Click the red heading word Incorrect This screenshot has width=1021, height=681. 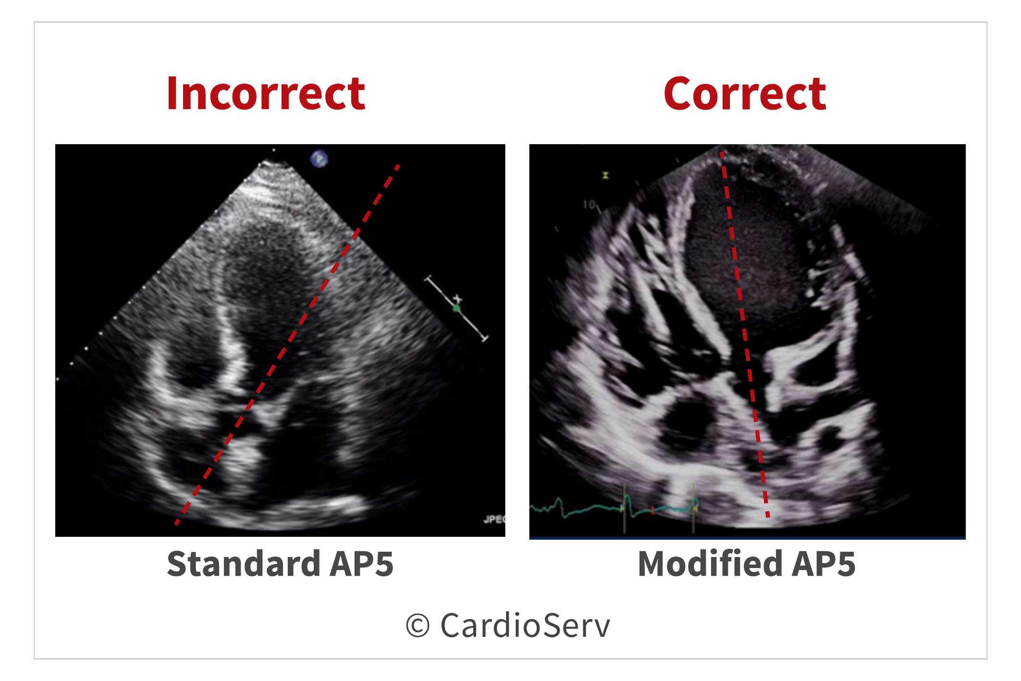pyautogui.click(x=266, y=93)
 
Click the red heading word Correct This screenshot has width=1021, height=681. pyautogui.click(x=745, y=93)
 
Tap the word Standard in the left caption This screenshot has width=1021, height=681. pyautogui.click(x=244, y=563)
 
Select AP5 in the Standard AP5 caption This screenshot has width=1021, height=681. pyautogui.click(x=361, y=564)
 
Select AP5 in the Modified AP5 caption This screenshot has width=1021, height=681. pyautogui.click(x=824, y=564)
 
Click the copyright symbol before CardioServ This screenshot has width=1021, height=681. pyautogui.click(x=418, y=626)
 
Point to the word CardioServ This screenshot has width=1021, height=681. pyautogui.click(x=525, y=625)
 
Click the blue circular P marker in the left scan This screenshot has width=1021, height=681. pyautogui.click(x=319, y=158)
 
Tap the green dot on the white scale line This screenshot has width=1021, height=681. pyautogui.click(x=456, y=308)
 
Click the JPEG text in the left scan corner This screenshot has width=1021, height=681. pyautogui.click(x=494, y=519)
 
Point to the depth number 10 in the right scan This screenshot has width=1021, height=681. pyautogui.click(x=589, y=205)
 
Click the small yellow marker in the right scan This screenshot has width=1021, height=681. pyautogui.click(x=605, y=176)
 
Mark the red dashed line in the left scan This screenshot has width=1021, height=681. pyautogui.click(x=287, y=344)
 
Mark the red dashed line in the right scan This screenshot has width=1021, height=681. pyautogui.click(x=745, y=334)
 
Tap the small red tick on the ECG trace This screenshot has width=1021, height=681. pyautogui.click(x=652, y=510)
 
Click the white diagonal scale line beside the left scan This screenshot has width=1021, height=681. pyautogui.click(x=456, y=309)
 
